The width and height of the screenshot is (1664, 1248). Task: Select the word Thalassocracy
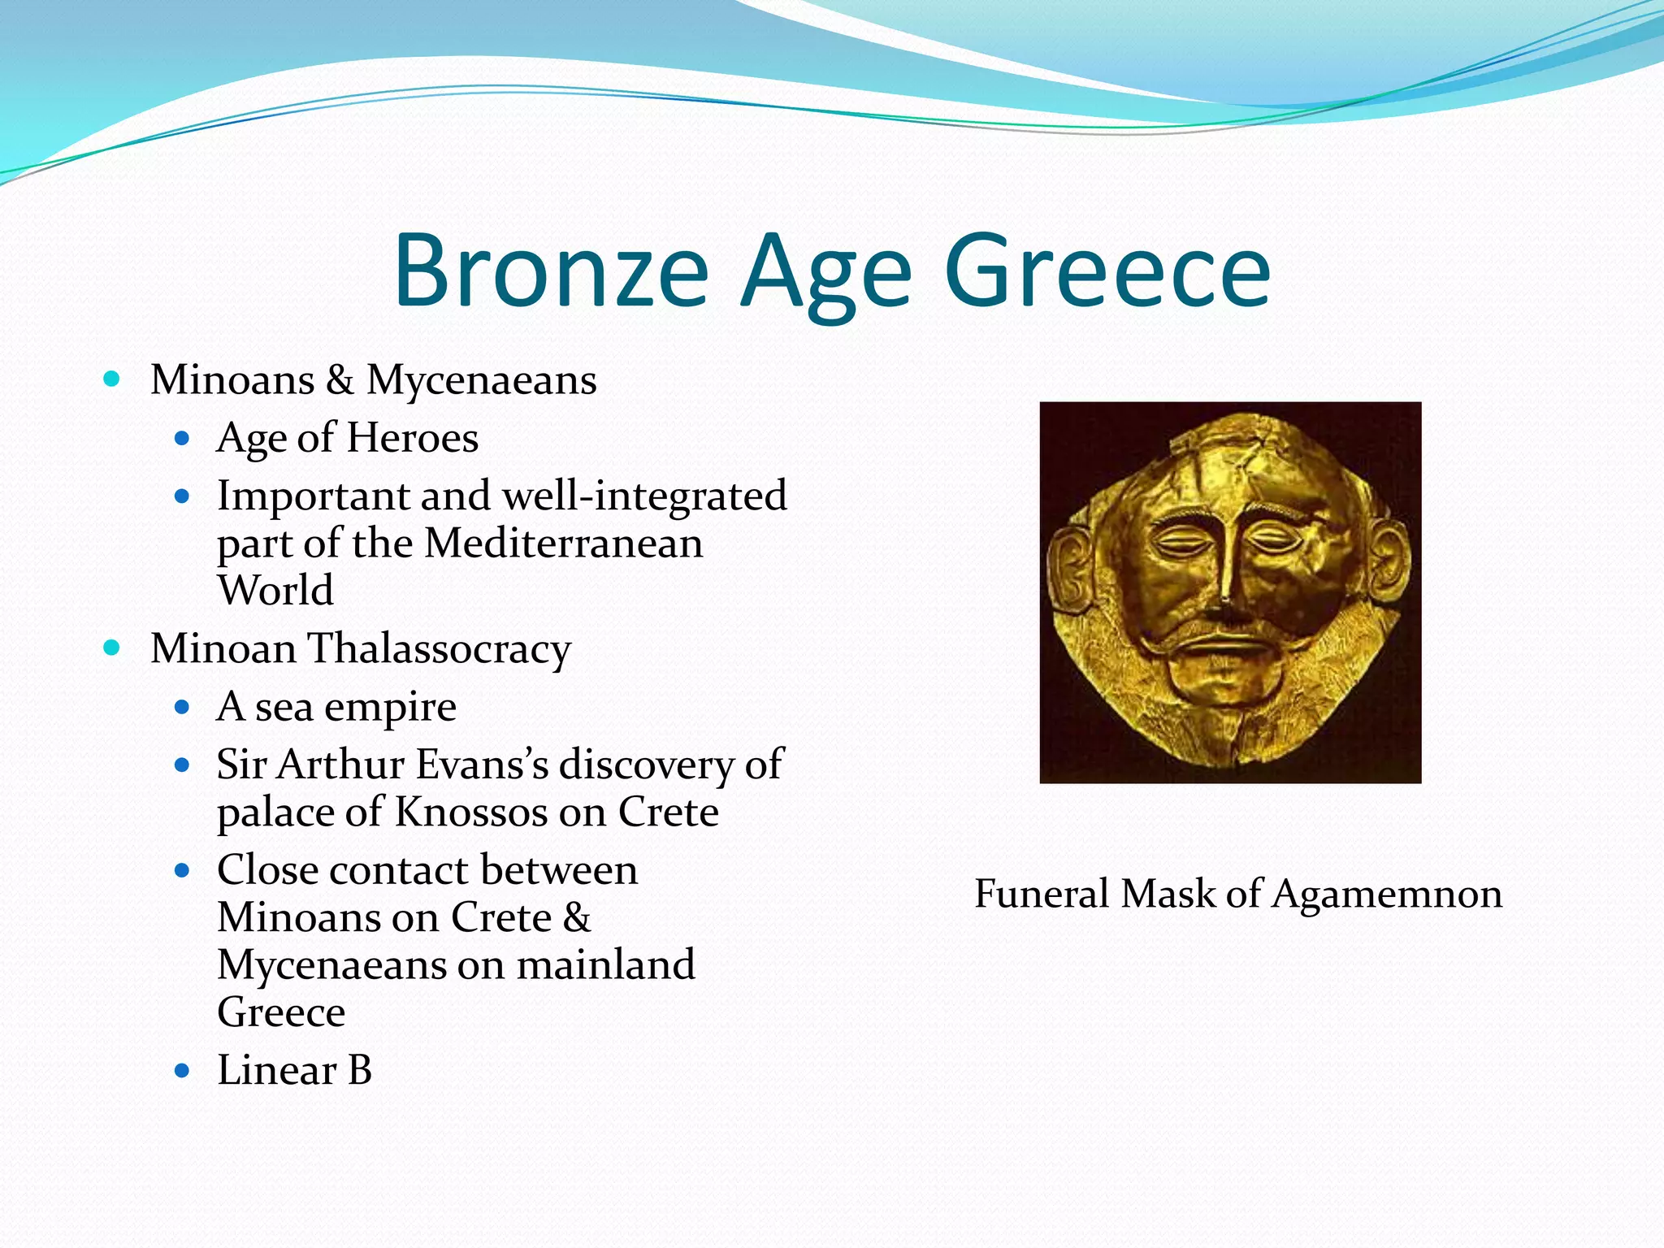[x=440, y=650]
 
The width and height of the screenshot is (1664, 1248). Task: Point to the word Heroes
[x=412, y=439]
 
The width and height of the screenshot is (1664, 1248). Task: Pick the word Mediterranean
[x=563, y=543]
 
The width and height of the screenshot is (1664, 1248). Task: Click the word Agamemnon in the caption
[x=1387, y=895]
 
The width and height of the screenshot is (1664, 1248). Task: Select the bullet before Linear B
[x=182, y=1071]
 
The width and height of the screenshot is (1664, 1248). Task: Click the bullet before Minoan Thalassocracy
[x=112, y=648]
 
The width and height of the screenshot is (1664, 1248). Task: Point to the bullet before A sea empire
[x=182, y=707]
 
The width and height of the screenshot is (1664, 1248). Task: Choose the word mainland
[x=605, y=965]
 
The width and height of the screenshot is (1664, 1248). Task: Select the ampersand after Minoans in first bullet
[x=340, y=380]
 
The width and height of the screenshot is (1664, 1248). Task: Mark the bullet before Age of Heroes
[x=182, y=439]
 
